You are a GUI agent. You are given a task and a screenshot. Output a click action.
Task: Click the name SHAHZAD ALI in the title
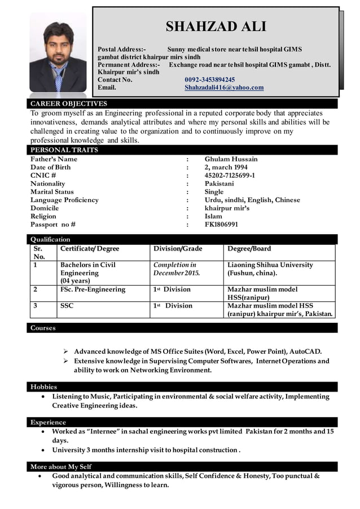216,26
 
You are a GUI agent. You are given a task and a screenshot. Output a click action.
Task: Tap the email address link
224,87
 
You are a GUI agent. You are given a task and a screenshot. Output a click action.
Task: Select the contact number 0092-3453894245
209,80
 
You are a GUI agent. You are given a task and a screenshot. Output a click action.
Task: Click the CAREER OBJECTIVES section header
68,104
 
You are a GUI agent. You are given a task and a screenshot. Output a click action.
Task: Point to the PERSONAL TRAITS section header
64,150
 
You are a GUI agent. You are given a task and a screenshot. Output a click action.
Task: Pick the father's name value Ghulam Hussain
231,159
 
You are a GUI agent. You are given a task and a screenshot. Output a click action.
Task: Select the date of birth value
226,168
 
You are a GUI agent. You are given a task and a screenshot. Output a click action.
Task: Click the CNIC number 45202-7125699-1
229,175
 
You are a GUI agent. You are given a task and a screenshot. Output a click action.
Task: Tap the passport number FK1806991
221,224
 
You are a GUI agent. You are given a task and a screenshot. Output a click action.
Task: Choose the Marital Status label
52,192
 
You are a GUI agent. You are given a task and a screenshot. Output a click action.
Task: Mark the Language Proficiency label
64,200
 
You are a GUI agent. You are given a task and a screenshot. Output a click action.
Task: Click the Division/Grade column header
178,249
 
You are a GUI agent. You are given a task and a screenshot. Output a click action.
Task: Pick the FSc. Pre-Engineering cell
93,289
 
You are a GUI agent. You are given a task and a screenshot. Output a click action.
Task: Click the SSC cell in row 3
67,306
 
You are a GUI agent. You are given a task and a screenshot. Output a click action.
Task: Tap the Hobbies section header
43,387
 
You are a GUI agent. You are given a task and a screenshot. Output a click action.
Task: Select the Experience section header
48,422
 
